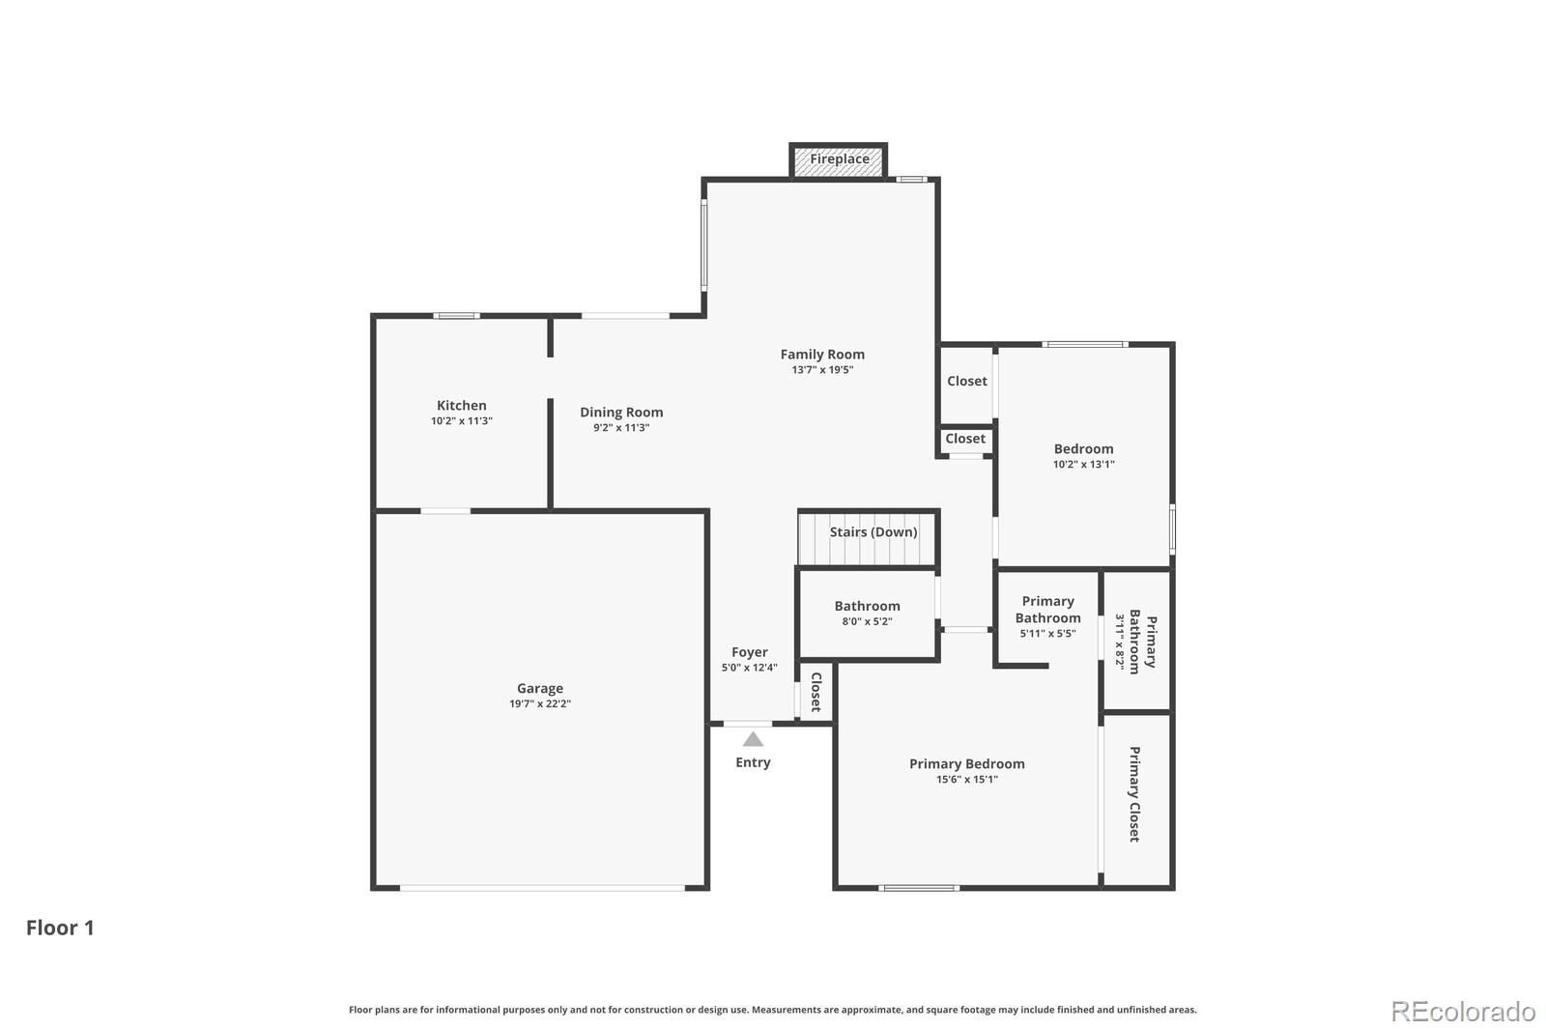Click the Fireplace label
pos(840,159)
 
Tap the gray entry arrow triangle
pos(753,739)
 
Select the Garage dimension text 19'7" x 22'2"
pos(540,704)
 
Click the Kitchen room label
pos(462,405)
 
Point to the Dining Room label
pos(621,413)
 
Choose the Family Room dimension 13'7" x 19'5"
pos(822,370)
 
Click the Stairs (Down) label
pos(873,532)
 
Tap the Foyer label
pos(750,652)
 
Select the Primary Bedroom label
pos(966,764)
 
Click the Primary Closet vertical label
pos(1134,794)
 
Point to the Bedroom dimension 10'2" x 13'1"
pos(1083,465)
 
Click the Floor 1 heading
pos(60,928)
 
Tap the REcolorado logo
pos(1463,1012)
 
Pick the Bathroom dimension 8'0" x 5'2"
pos(867,621)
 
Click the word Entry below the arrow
pos(753,762)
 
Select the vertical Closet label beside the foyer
pos(816,693)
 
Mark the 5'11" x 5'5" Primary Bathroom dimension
pos(1047,634)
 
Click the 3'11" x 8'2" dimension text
pos(1120,643)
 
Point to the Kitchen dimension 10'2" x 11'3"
pos(462,421)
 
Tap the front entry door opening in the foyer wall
pos(748,724)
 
